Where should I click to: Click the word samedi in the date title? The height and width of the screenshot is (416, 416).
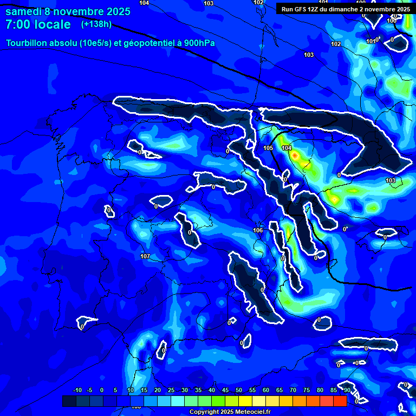(x=25, y=11)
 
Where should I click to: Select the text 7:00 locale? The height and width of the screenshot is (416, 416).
(x=38, y=24)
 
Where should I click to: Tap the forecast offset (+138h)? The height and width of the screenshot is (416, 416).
(x=96, y=24)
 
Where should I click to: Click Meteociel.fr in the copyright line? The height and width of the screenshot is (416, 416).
(x=250, y=412)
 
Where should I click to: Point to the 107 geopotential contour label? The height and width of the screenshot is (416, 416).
(x=145, y=256)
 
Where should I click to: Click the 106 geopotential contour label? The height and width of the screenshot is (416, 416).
(x=258, y=230)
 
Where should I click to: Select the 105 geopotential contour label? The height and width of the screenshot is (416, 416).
(x=268, y=148)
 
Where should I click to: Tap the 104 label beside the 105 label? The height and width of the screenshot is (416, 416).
(x=287, y=148)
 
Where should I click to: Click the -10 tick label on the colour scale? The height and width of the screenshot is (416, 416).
(x=77, y=390)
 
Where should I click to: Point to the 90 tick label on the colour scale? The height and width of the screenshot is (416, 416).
(x=347, y=390)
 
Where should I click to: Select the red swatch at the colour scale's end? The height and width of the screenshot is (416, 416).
(x=340, y=401)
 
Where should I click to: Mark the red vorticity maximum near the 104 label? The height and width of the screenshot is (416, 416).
(x=295, y=156)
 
